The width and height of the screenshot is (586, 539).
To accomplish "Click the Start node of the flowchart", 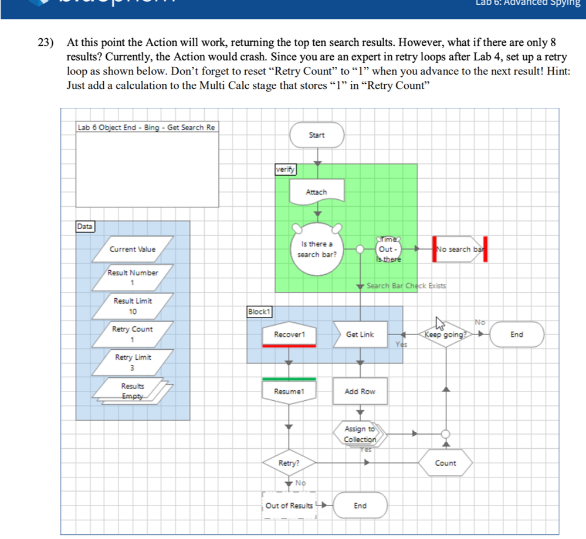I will point(316,135).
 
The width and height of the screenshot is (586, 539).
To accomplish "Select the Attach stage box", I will point(316,192).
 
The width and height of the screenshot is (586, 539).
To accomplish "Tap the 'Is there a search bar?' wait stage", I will point(317,249).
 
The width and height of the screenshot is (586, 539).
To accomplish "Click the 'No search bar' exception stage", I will point(460,249).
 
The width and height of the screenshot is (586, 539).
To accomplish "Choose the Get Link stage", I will point(360,335).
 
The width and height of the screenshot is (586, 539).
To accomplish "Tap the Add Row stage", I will point(360,391).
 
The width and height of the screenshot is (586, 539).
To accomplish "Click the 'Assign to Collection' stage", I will point(360,434).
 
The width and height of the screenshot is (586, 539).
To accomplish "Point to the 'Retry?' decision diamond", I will point(288,463).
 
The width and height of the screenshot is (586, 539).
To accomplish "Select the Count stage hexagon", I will point(446,463).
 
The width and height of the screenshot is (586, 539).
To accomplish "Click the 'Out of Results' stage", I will point(289,506).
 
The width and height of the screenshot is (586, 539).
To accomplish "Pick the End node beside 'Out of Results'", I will point(360,506).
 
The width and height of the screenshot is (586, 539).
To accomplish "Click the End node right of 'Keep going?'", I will point(517,335).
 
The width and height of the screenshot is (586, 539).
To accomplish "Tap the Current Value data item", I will point(133,249).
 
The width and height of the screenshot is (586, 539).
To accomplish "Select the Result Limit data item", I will point(133,306).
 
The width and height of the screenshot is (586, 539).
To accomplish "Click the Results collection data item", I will point(133,391).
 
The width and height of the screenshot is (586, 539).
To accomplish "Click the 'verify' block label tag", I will point(285,169).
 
